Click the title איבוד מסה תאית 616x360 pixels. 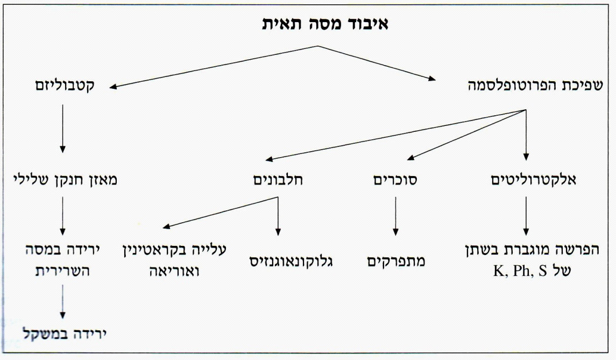tap(325, 24)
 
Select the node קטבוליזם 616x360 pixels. tap(65, 85)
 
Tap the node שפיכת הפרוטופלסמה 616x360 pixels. tap(535, 85)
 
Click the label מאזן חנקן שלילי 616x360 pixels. tap(65, 180)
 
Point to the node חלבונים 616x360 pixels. tap(278, 180)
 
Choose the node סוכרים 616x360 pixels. tap(395, 180)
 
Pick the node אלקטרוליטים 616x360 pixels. tap(534, 180)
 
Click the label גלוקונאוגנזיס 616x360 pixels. tap(291, 262)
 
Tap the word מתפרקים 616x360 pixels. tap(396, 262)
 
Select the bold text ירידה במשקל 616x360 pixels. tap(65, 334)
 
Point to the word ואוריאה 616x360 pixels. tap(174, 271)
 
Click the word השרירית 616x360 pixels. tap(63, 271)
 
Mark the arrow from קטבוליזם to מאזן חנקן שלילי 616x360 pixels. tap(62, 129)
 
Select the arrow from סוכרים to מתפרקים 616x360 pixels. tap(395, 216)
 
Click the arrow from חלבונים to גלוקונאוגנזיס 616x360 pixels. tap(278, 216)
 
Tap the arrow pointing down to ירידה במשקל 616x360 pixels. tap(62, 302)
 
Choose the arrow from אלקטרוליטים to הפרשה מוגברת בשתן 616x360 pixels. tap(526, 216)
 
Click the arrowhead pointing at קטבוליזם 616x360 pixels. tap(113, 87)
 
